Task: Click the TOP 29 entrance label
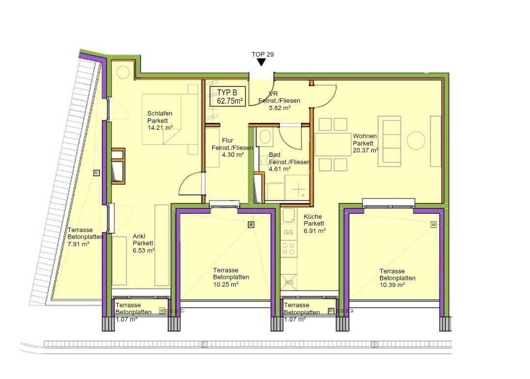coord(262,54)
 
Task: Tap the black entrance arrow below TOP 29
coord(262,62)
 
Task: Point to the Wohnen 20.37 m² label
coord(365,143)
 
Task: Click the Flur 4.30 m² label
coord(227,147)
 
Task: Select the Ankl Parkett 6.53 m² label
coord(143,243)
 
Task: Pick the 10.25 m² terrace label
coord(231,277)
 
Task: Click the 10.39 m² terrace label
coord(397,278)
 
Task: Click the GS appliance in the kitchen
coord(288,232)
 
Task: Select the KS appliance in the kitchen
coord(289,282)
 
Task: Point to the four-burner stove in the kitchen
coord(289,248)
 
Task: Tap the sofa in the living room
coord(390,141)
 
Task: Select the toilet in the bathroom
coord(266,137)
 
